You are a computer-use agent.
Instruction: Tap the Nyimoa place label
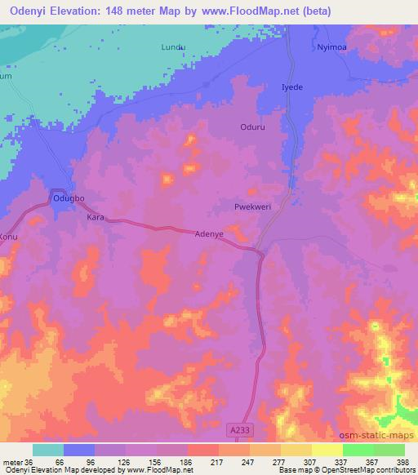tap(332, 49)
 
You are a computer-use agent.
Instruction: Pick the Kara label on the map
tap(96, 219)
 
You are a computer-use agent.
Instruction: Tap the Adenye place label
tap(209, 233)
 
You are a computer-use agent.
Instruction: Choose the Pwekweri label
tap(251, 207)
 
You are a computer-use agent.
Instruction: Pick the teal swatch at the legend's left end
tap(48, 449)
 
